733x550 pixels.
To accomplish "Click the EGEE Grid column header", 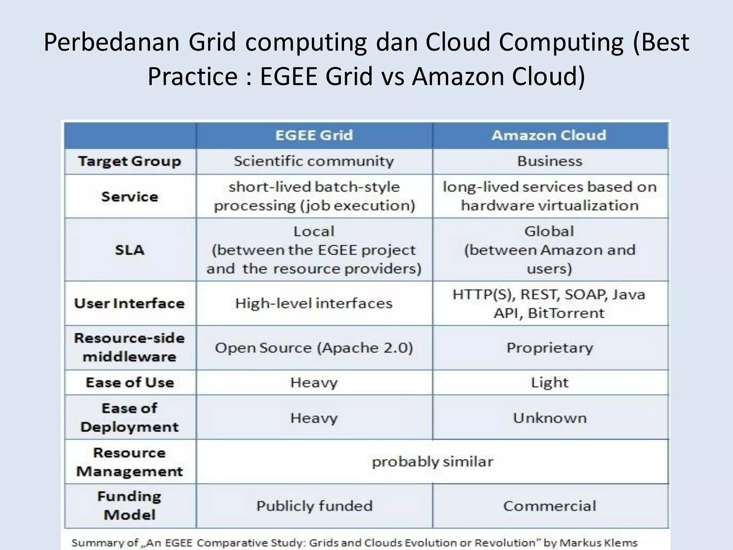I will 314,135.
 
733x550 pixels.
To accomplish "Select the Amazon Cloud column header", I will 549,135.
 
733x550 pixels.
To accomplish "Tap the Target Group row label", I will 130,161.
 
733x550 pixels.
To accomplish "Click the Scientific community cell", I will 314,161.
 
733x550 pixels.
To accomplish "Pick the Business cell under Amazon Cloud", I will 550,161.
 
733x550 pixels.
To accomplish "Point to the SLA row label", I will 130,250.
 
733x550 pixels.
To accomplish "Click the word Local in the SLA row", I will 314,231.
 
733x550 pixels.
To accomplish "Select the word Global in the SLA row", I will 549,231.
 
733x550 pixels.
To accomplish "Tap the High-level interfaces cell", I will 314,303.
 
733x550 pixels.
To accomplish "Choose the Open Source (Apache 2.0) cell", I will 314,348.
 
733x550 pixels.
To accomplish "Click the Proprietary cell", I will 550,348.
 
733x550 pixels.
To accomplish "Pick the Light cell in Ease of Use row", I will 550,382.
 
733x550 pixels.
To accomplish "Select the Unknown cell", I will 550,418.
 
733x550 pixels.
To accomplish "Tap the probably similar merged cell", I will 432,462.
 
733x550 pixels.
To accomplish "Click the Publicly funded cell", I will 314,506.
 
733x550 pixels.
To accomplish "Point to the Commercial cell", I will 550,506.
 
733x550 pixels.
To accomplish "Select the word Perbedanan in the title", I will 111,43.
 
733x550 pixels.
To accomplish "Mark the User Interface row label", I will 130,303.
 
